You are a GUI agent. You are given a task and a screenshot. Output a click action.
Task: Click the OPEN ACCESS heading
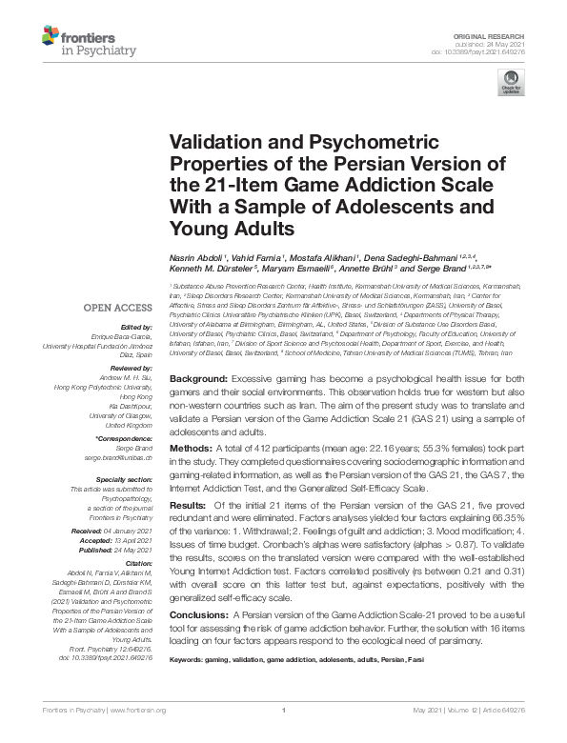pyautogui.click(x=118, y=308)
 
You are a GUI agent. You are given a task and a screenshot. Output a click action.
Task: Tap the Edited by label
pyautogui.click(x=138, y=327)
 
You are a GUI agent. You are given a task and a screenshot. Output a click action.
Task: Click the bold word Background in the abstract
pyautogui.click(x=197, y=379)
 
